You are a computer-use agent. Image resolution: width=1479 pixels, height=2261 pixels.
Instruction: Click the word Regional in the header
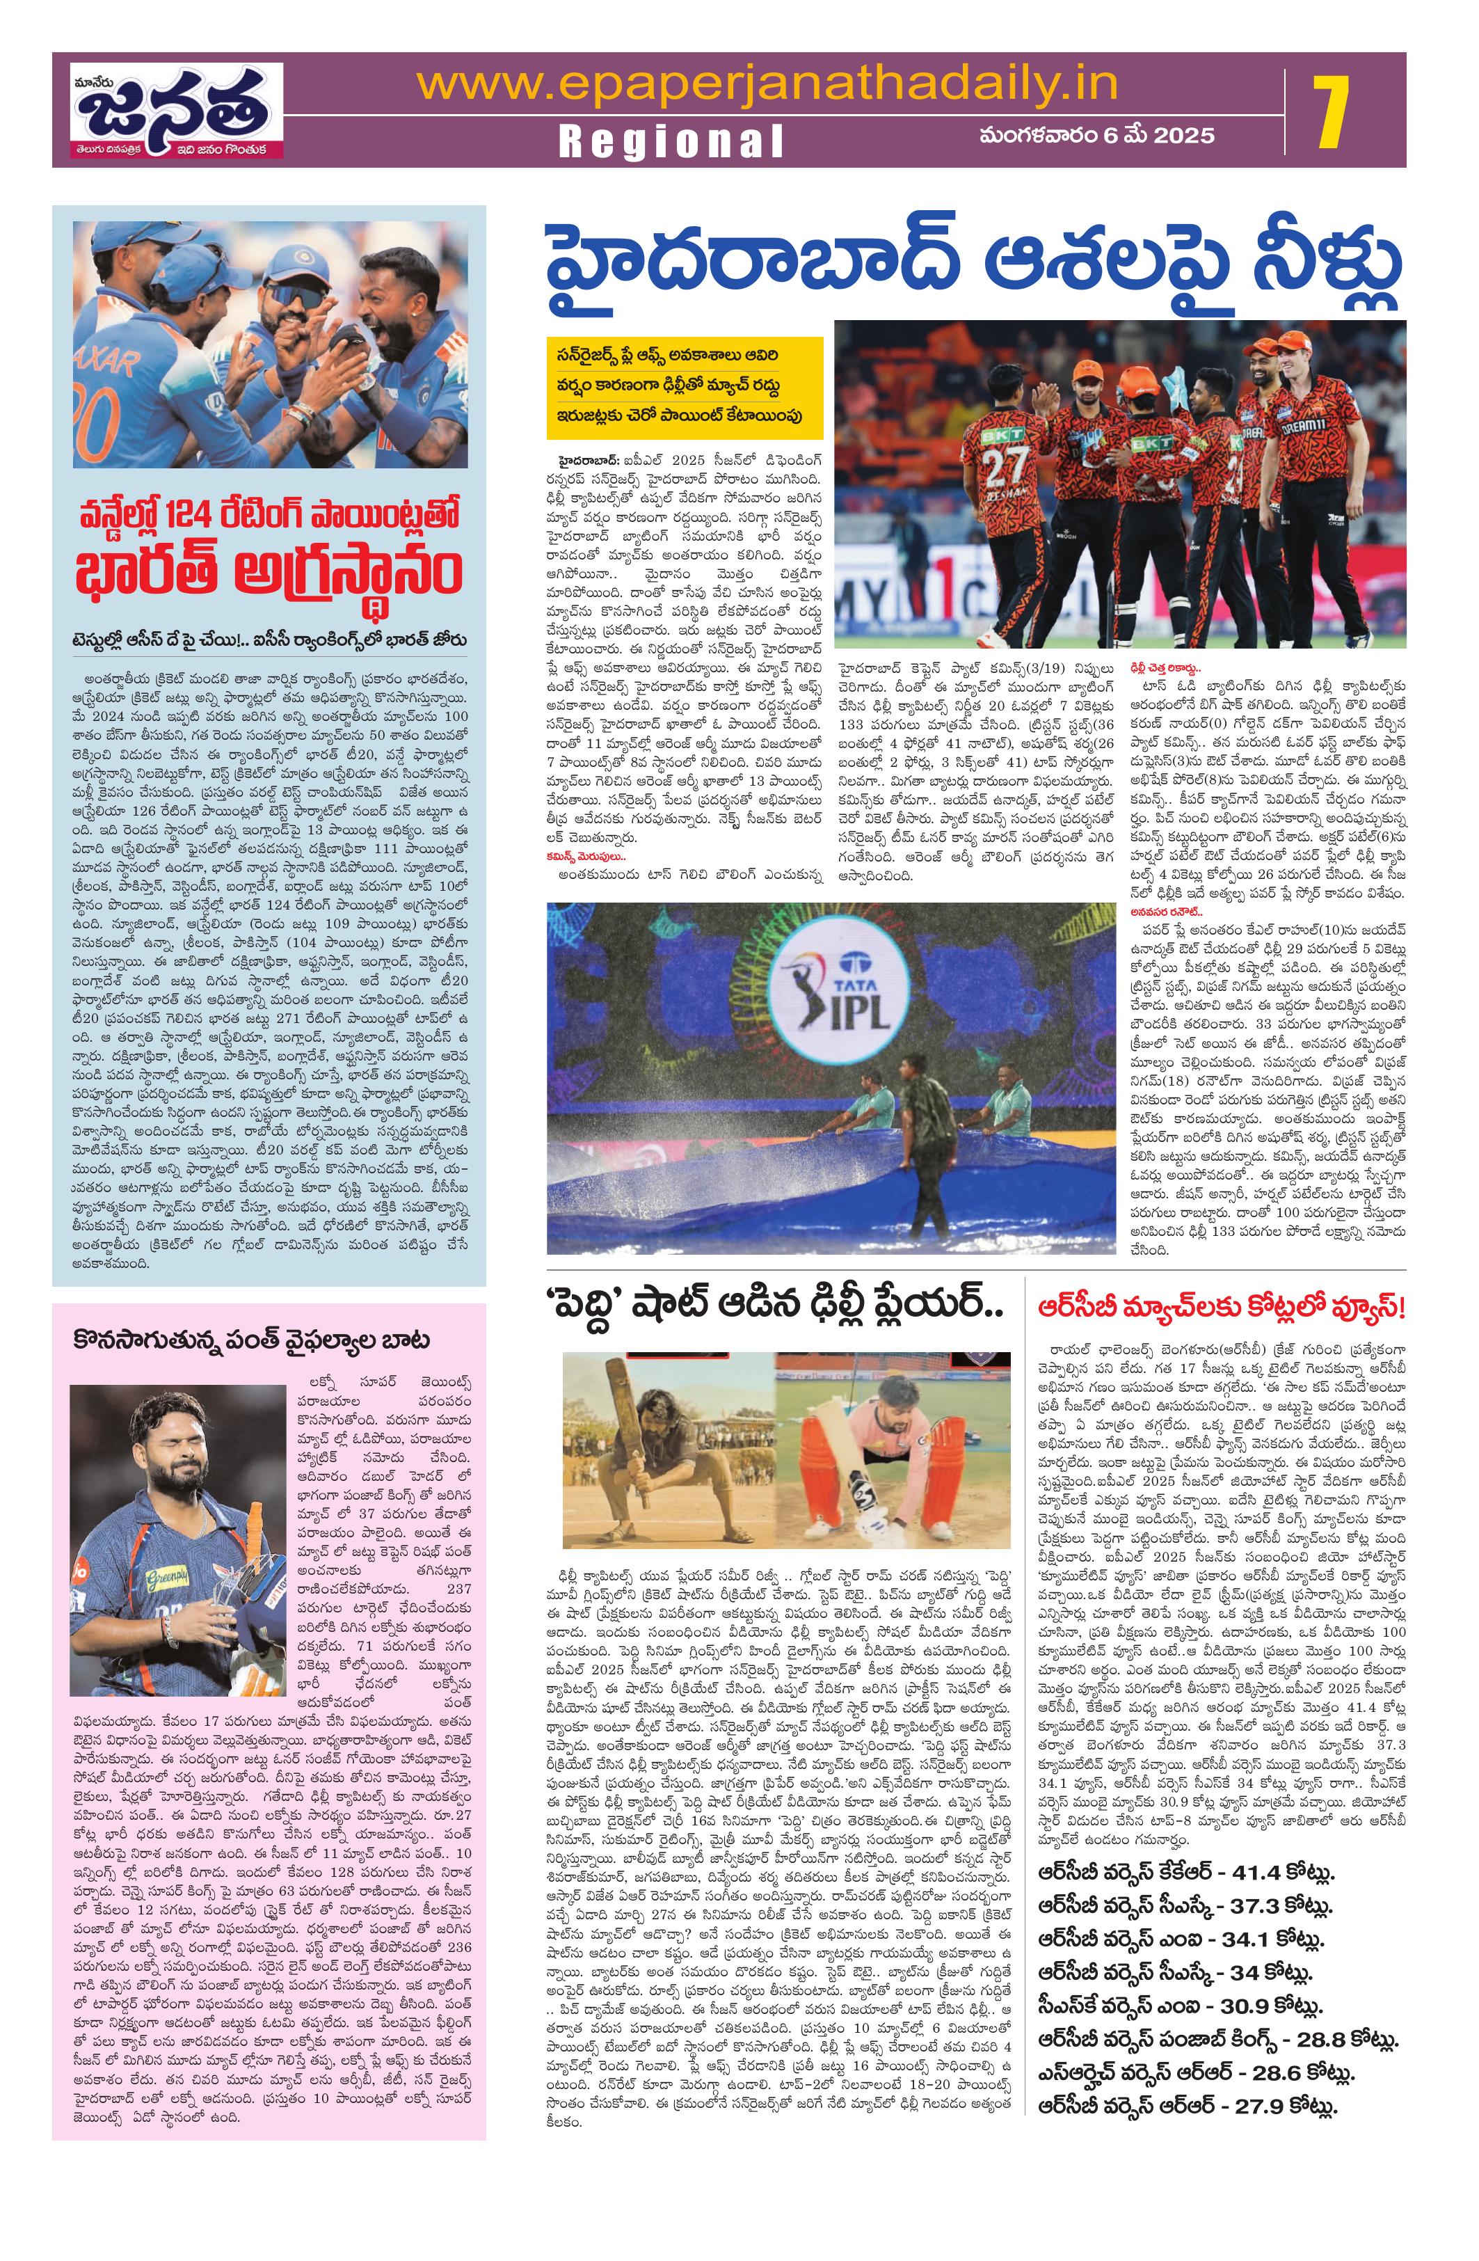(671, 141)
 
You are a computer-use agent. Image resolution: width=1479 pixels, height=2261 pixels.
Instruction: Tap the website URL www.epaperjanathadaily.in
(767, 86)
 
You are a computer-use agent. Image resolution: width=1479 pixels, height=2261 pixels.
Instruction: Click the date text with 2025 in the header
(1097, 135)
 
